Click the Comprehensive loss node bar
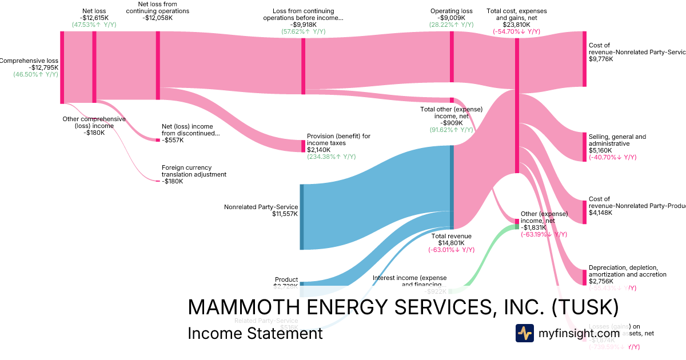point(62,67)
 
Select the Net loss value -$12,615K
point(94,18)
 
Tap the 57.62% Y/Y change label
point(303,32)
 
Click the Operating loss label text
point(451,11)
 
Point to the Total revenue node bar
point(452,187)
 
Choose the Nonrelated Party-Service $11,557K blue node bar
point(302,217)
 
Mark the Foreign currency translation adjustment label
point(194,171)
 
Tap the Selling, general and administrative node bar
point(584,147)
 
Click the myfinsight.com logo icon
point(524,333)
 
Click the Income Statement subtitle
point(255,333)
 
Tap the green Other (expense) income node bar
point(517,226)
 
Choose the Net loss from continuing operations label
point(157,11)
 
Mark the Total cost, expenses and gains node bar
point(517,106)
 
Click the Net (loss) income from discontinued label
point(190,130)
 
